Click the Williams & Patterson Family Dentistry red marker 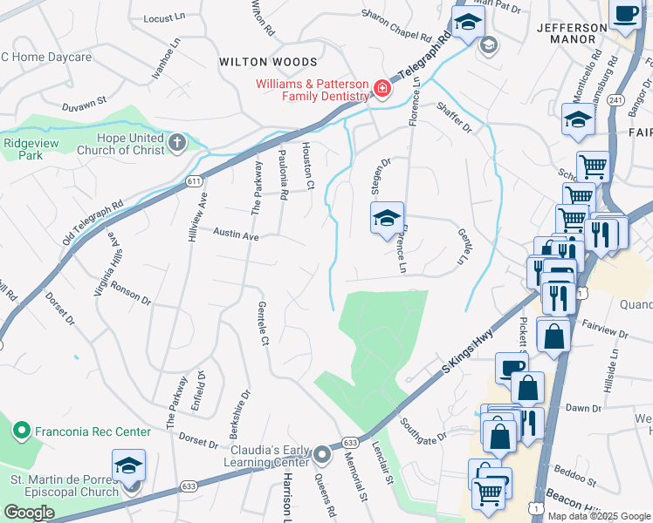pyautogui.click(x=381, y=88)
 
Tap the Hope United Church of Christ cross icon pyautogui.click(x=177, y=142)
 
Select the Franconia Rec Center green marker pyautogui.click(x=23, y=431)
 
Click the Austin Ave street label pyautogui.click(x=237, y=235)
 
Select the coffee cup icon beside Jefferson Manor pyautogui.click(x=626, y=15)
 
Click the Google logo pyautogui.click(x=29, y=513)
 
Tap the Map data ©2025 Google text pyautogui.click(x=599, y=516)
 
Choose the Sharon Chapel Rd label pyautogui.click(x=397, y=26)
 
